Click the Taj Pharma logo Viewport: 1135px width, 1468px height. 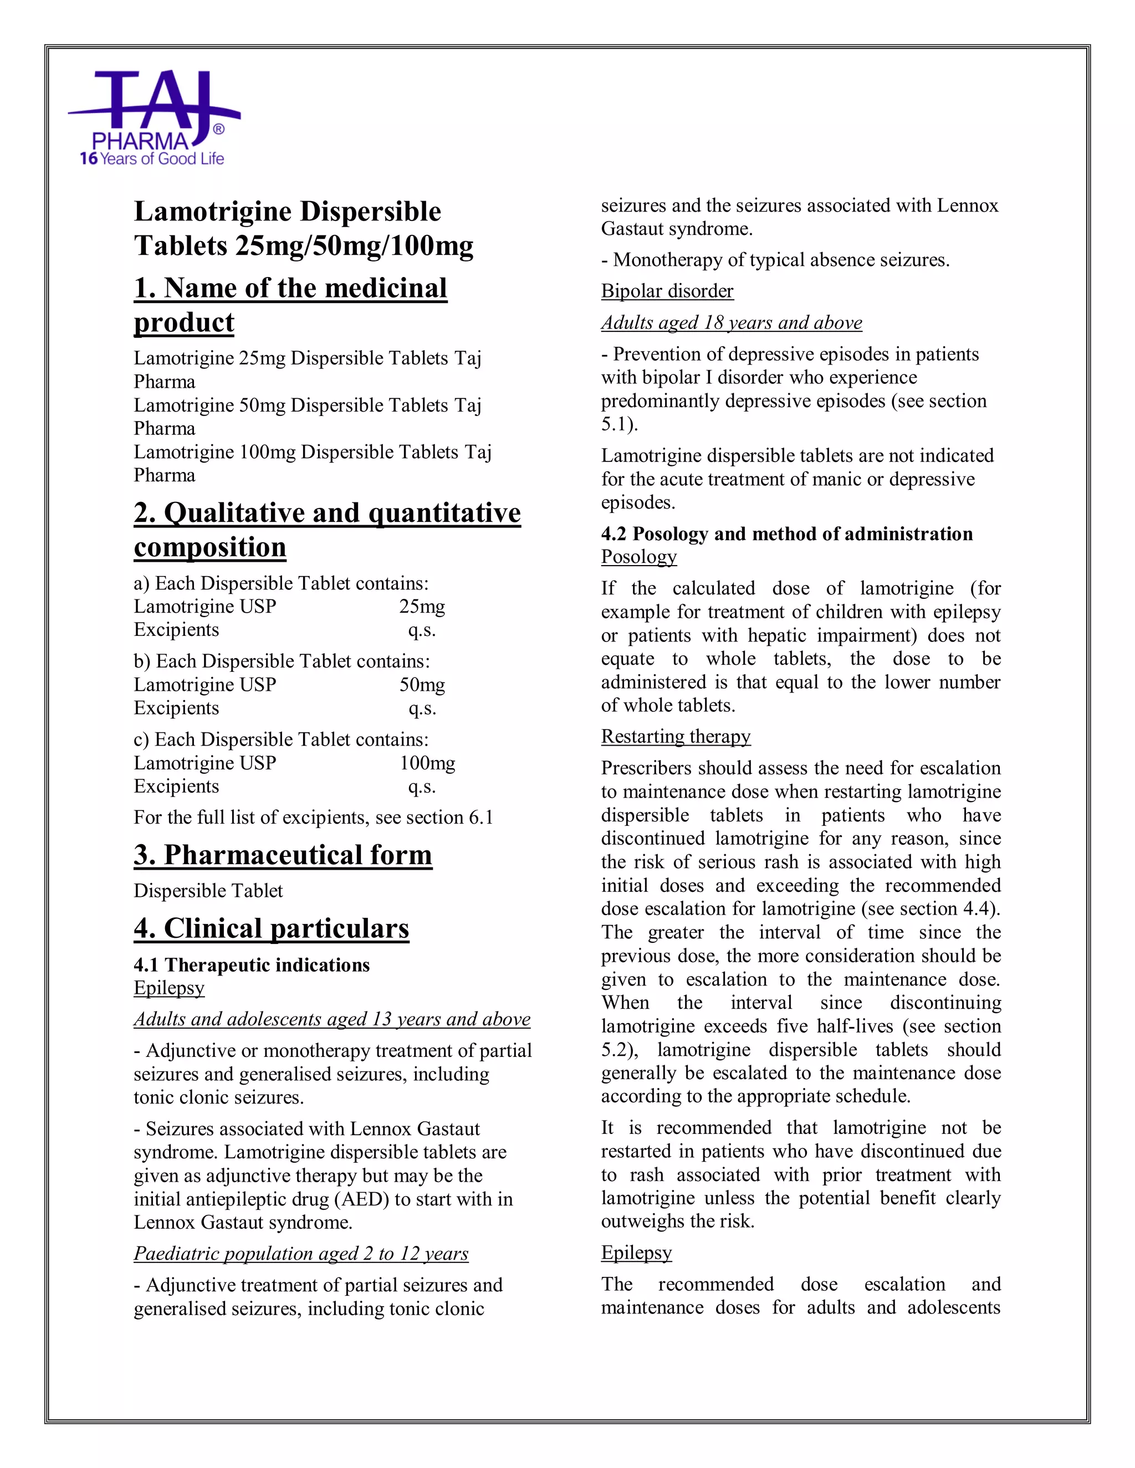click(154, 111)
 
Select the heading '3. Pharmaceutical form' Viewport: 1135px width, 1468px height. click(283, 855)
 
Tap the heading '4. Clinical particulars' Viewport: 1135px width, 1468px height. click(271, 928)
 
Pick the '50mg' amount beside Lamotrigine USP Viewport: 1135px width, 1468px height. click(422, 685)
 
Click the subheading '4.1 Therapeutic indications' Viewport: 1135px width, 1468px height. click(252, 965)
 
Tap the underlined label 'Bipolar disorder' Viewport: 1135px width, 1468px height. click(667, 291)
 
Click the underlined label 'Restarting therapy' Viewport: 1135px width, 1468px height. click(675, 737)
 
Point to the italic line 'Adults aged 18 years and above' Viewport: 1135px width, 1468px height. click(731, 322)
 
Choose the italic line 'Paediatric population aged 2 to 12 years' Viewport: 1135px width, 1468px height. click(300, 1254)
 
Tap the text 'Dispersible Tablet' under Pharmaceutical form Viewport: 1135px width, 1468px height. click(208, 891)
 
